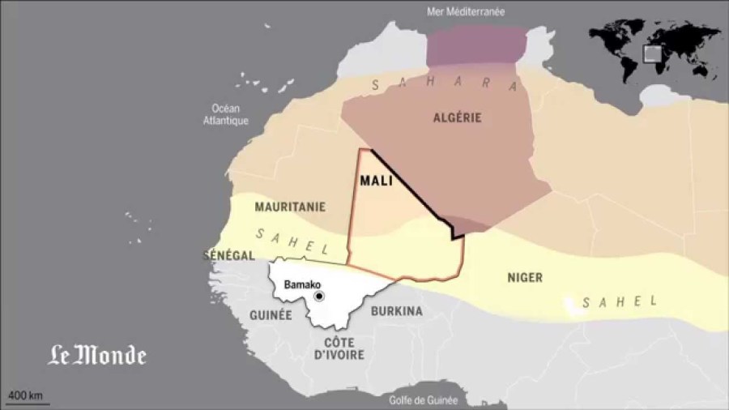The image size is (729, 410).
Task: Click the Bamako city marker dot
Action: [x=319, y=297]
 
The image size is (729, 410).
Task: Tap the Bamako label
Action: [x=303, y=285]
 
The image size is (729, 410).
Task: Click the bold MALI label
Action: [x=376, y=181]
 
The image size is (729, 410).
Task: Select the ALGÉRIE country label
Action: [x=458, y=117]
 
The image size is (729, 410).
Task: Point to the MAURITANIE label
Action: [x=290, y=207]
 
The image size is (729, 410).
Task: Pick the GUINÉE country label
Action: [x=271, y=315]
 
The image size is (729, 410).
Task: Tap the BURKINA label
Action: [x=396, y=310]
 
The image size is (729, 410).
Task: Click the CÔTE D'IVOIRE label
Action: [x=340, y=348]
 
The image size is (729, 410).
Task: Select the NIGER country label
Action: [x=525, y=278]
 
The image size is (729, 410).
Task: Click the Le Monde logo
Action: [x=96, y=355]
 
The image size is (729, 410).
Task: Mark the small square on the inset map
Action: [x=652, y=53]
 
